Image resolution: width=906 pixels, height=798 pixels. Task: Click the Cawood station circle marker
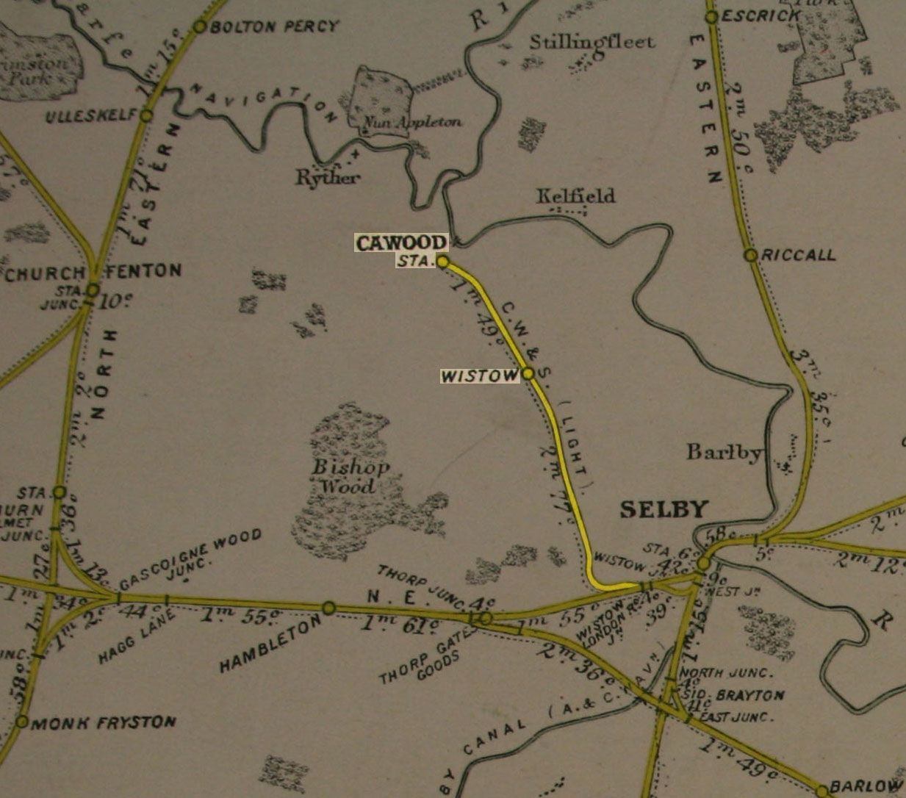tap(442, 261)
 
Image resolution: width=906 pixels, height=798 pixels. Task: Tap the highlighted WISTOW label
tap(479, 376)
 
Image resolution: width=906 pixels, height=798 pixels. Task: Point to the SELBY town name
tap(664, 509)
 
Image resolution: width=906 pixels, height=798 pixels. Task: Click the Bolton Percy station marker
tap(200, 27)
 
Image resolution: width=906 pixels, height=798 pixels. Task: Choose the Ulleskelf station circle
tap(146, 115)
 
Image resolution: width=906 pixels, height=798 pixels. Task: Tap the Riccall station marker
tap(750, 255)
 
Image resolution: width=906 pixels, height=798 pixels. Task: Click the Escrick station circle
tap(711, 17)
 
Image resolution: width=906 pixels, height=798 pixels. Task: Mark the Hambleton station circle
tap(329, 608)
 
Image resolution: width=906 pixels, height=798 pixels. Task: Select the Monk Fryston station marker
tap(22, 722)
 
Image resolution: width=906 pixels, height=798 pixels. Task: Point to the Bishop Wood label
tap(350, 476)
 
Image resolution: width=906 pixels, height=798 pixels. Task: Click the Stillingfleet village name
tap(592, 42)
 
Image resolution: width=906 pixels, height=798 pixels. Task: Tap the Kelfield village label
tap(575, 196)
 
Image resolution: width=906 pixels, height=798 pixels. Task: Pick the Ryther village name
tap(328, 177)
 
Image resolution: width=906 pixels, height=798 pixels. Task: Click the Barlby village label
tap(724, 453)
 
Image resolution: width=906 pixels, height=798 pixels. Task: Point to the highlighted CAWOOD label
tap(401, 242)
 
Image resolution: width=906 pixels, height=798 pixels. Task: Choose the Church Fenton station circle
tap(93, 290)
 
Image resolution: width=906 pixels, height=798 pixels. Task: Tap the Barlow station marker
tap(823, 790)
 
